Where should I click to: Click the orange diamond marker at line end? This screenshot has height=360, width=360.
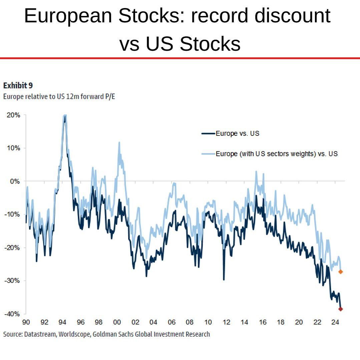point(340,272)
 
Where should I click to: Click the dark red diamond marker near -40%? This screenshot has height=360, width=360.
point(340,309)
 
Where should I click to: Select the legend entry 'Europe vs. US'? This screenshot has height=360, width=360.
point(237,133)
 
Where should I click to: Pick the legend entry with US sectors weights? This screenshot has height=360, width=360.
point(277,154)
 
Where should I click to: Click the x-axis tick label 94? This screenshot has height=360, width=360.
point(62,322)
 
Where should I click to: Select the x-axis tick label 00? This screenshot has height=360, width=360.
point(117,322)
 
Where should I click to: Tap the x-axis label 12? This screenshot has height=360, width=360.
point(226,322)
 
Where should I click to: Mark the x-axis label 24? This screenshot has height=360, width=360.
point(335,322)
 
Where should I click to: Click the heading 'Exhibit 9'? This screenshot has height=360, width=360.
point(18,86)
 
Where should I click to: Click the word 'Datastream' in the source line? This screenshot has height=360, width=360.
point(40,334)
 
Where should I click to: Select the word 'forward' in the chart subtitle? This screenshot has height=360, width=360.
point(90,97)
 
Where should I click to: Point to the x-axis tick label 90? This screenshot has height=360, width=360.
point(26,322)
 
